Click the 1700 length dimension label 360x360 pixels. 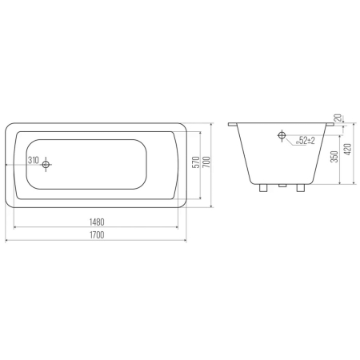click(97, 235)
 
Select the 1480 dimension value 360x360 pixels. click(97, 222)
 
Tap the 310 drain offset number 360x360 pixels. click(34, 160)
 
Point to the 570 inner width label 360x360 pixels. click(196, 162)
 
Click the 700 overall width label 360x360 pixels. click(206, 162)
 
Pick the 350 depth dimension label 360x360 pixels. click(334, 157)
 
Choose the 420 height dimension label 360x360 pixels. click(348, 150)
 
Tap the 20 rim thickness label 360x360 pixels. click(338, 118)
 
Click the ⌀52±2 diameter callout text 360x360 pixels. click(306, 140)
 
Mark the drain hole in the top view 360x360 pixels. click(46, 165)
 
